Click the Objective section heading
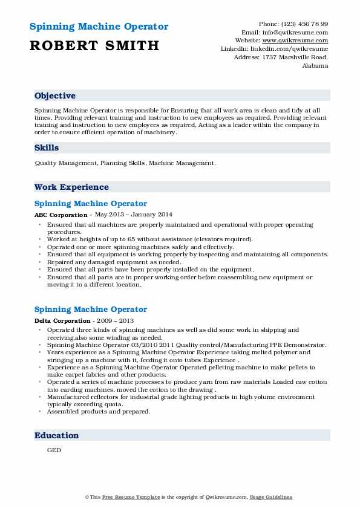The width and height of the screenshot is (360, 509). click(x=55, y=96)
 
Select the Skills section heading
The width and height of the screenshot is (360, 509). click(x=47, y=148)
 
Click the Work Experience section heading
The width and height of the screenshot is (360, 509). click(x=71, y=187)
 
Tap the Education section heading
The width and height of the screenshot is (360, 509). click(x=57, y=435)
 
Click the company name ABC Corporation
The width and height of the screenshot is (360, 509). click(x=61, y=215)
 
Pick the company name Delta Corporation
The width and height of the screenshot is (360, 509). click(x=62, y=320)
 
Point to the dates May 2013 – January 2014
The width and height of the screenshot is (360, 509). click(x=133, y=215)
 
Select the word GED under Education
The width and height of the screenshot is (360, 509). click(x=54, y=450)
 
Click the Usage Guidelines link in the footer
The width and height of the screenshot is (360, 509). click(x=272, y=497)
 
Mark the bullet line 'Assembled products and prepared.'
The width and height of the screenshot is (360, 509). click(x=98, y=411)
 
